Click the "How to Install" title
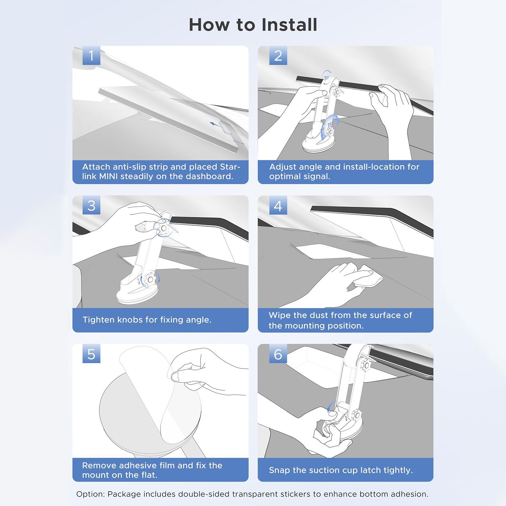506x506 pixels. point(253,25)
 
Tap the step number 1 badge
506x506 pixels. point(91,56)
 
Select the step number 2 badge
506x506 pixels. point(278,56)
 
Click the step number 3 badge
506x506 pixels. point(91,205)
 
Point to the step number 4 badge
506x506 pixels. point(278,205)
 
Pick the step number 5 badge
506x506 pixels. point(91,354)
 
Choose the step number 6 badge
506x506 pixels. point(278,354)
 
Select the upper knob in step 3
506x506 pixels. point(163,228)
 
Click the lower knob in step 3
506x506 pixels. point(150,280)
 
